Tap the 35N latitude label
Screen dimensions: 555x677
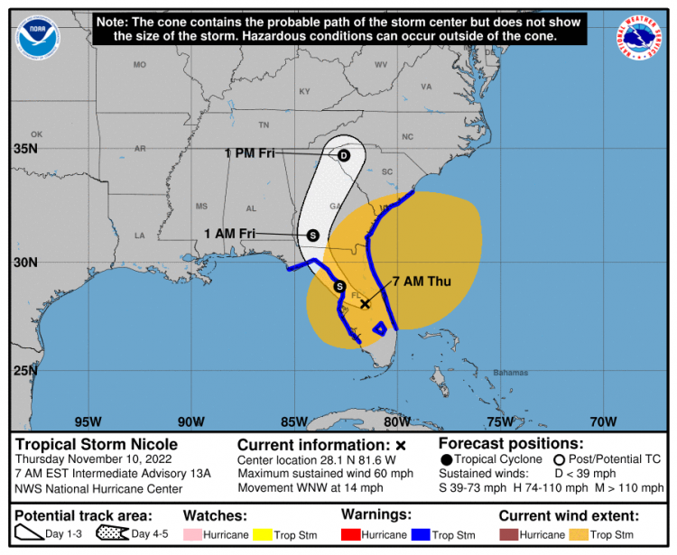[x=24, y=148]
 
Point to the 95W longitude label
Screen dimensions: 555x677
[x=88, y=421]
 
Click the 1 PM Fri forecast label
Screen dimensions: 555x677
[x=249, y=153]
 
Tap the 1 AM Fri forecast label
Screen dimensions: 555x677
[x=229, y=233]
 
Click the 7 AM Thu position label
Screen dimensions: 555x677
[x=421, y=282]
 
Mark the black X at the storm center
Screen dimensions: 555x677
[x=366, y=304]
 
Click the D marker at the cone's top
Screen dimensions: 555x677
[x=343, y=155]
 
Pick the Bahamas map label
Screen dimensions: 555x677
[x=510, y=373]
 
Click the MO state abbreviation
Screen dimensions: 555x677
[x=140, y=65]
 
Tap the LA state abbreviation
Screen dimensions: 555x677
[x=140, y=236]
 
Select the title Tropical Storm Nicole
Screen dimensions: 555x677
[x=97, y=444]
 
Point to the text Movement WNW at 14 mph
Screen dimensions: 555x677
[x=311, y=488]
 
